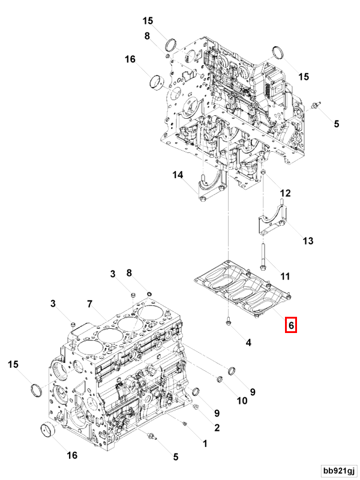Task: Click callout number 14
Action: [x=178, y=175]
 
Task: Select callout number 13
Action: [x=307, y=241]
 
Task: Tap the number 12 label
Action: [x=285, y=193]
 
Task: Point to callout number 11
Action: [x=285, y=277]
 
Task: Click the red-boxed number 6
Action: [x=290, y=325]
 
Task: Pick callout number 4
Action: [x=248, y=343]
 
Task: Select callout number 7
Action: [x=89, y=304]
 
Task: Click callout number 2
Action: [x=217, y=428]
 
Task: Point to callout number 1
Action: [x=205, y=444]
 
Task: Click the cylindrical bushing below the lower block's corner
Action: [x=47, y=431]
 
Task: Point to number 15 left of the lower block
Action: [x=13, y=364]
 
